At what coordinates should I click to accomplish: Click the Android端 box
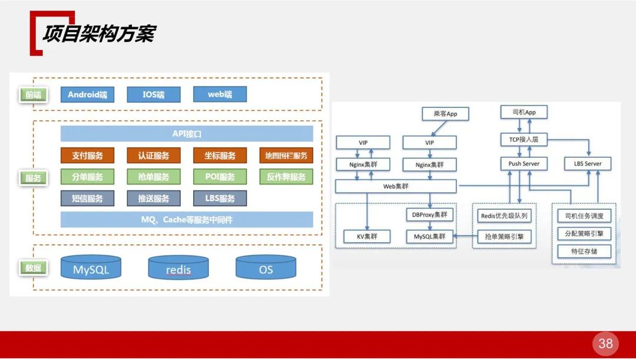pos(87,94)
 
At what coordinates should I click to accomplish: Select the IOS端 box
pos(154,94)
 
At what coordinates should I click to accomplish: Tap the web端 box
pos(220,94)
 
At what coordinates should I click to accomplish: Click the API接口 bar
pos(187,134)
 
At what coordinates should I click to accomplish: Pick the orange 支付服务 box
pos(87,156)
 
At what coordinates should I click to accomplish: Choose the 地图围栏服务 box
pos(286,156)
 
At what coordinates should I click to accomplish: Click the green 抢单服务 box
pos(154,177)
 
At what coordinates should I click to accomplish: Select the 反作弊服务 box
pos(286,177)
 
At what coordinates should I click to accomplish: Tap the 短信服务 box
pos(87,199)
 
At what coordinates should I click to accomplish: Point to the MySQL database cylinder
pos(91,269)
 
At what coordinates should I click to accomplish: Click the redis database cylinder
pos(178,269)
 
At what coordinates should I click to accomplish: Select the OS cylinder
pos(266,269)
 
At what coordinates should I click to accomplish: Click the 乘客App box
pos(445,114)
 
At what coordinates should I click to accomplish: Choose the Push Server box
pos(524,163)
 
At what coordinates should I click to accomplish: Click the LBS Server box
pos(587,163)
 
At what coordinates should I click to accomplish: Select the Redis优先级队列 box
pos(504,216)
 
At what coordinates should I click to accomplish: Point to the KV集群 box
pos(366,237)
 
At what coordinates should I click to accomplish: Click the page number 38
pos(605,344)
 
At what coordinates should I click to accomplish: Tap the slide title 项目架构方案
pos(98,34)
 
